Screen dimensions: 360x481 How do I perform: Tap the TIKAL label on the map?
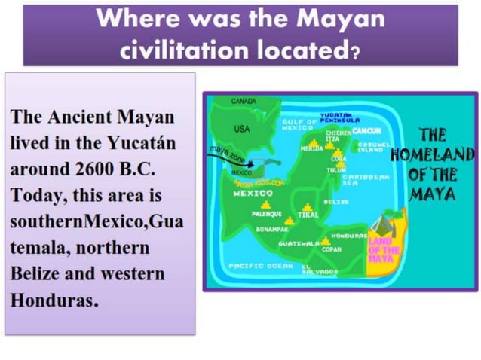click(308, 215)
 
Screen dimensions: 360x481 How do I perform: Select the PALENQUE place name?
click(266, 214)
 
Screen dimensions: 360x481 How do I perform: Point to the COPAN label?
click(332, 249)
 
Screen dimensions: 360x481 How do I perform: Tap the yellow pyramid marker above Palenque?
click(265, 204)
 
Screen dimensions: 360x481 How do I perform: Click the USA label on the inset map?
click(242, 129)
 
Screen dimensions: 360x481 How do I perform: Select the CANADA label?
click(244, 101)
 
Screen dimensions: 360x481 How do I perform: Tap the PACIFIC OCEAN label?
click(259, 266)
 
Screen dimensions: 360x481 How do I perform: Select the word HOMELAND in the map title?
click(432, 155)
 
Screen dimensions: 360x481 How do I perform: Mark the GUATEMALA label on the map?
click(298, 244)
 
